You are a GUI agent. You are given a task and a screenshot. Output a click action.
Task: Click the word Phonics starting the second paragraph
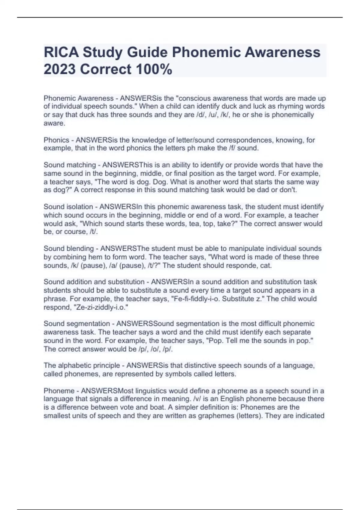[x=56, y=140]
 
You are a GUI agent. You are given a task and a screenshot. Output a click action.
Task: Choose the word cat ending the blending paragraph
[x=265, y=265]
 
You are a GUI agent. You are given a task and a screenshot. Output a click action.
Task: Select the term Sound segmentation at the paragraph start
[x=77, y=324]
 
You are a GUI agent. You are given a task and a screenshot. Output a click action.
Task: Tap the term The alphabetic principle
[x=82, y=365]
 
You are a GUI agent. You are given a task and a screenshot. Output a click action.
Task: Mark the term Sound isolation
[x=68, y=207]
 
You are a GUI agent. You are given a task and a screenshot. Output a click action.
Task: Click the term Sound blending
[x=69, y=249]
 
